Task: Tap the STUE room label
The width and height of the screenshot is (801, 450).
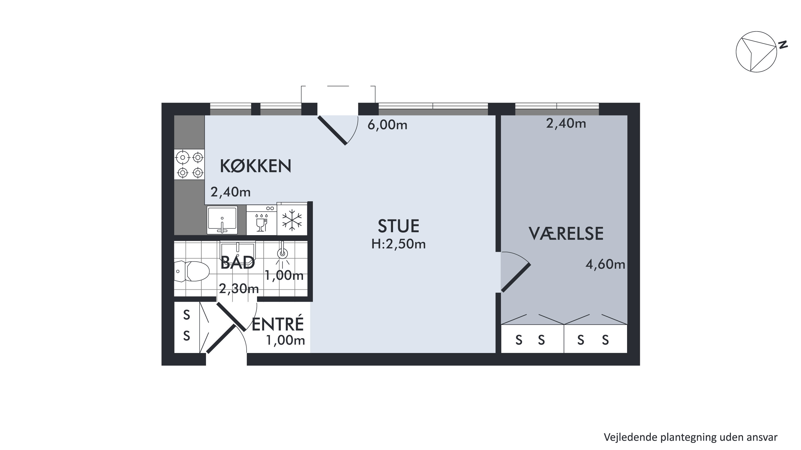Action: [x=398, y=226]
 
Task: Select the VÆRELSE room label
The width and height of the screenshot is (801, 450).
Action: [x=566, y=234]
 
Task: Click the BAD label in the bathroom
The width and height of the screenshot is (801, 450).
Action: [x=238, y=262]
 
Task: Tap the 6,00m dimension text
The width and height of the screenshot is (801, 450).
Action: [x=387, y=125]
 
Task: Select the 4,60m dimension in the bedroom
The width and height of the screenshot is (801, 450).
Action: [x=605, y=264]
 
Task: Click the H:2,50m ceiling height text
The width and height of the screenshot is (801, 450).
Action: [x=398, y=245]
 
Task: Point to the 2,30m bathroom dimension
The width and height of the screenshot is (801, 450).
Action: [x=239, y=289]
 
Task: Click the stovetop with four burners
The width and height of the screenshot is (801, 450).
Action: [x=189, y=165]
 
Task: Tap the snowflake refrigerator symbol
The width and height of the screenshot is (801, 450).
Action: [x=292, y=220]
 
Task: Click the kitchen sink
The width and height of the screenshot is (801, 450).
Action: [x=222, y=220]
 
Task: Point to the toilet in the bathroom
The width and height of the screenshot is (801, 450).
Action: [x=192, y=271]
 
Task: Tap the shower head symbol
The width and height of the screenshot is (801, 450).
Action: [x=282, y=253]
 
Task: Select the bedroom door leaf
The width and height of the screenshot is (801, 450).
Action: [x=516, y=278]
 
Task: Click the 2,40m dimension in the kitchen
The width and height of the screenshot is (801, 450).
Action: [x=230, y=192]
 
